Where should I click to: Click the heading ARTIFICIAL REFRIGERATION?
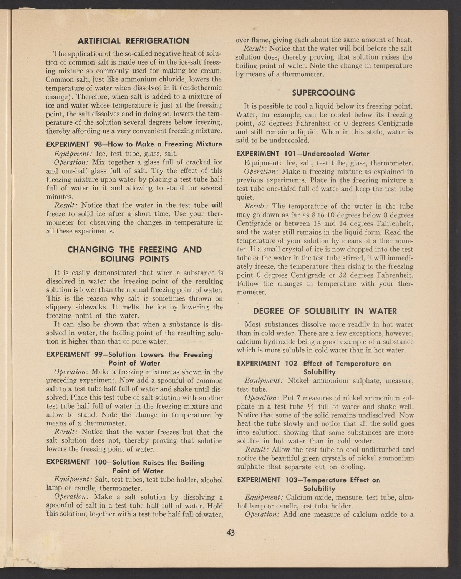133,40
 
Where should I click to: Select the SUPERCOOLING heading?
323,93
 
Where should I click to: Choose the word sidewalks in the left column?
86,307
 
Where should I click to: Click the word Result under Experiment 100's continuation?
257,49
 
